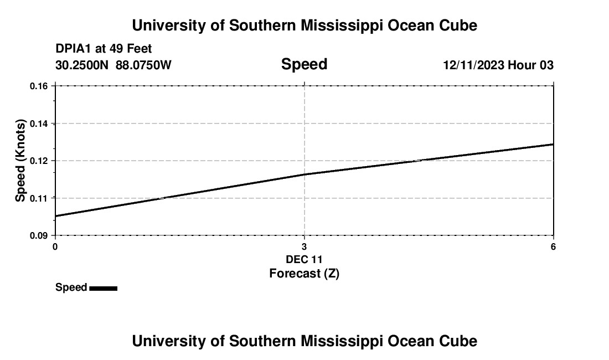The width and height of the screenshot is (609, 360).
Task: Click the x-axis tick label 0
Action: pos(55,246)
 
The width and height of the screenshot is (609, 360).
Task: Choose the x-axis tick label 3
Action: pos(304,246)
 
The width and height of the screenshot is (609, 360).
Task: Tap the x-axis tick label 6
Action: pos(553,246)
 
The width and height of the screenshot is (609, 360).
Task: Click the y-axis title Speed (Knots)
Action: pos(20,161)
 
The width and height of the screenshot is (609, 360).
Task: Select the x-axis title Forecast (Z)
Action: pos(304,273)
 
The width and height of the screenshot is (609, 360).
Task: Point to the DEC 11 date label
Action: pos(304,259)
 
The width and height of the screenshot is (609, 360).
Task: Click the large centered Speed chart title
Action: pos(304,64)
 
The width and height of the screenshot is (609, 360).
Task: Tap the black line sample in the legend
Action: pos(103,288)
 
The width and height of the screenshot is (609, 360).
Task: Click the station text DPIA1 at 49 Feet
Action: pos(104,49)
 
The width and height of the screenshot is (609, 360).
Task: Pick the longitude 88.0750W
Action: pos(143,65)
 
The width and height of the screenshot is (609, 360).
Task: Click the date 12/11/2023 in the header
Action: pos(473,65)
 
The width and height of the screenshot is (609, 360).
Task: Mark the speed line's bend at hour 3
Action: pos(304,174)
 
